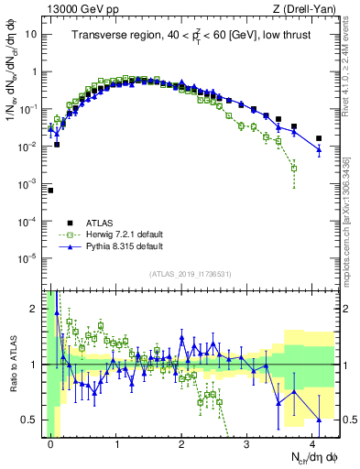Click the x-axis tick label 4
pyautogui.click(x=312, y=442)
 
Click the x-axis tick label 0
pyautogui.click(x=50, y=442)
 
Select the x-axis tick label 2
pyautogui.click(x=181, y=442)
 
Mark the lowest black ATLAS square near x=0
pyautogui.click(x=50, y=191)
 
